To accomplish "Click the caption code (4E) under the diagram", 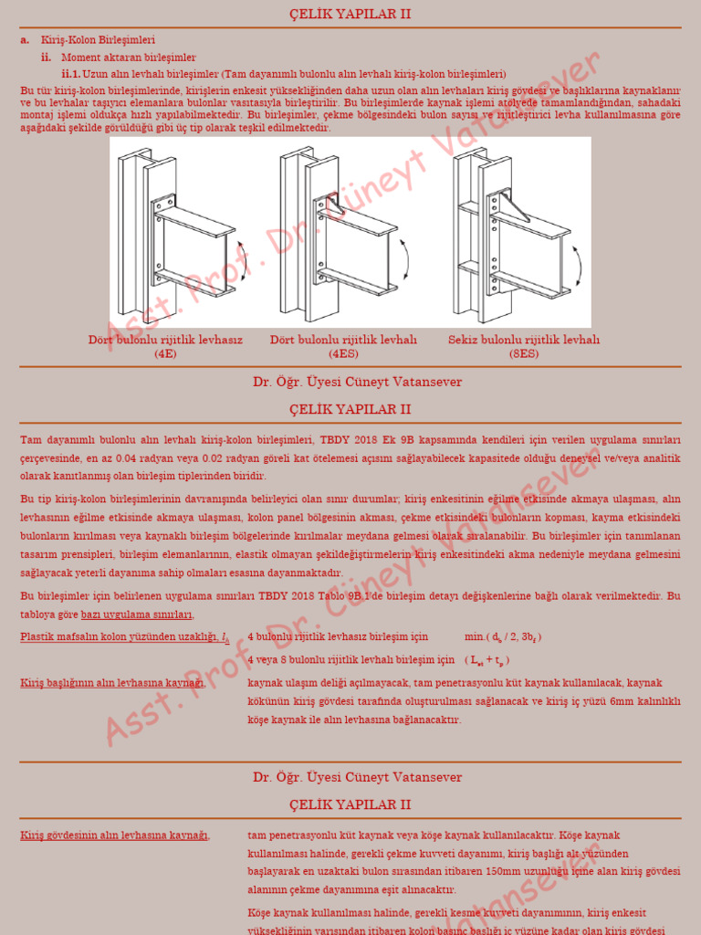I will click(165, 352).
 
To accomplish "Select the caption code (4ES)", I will click(343, 352).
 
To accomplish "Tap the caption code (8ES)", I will click(523, 352).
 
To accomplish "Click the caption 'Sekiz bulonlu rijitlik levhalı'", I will click(524, 340).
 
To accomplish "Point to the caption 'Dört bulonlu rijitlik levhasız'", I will click(165, 340).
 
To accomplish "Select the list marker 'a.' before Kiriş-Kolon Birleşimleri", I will click(25, 40).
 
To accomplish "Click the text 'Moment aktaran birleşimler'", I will click(129, 57).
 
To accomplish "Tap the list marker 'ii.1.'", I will click(71, 73).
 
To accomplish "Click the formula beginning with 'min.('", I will click(507, 636).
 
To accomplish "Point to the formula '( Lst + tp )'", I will click(487, 659).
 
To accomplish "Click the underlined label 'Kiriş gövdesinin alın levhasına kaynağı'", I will click(115, 835).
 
